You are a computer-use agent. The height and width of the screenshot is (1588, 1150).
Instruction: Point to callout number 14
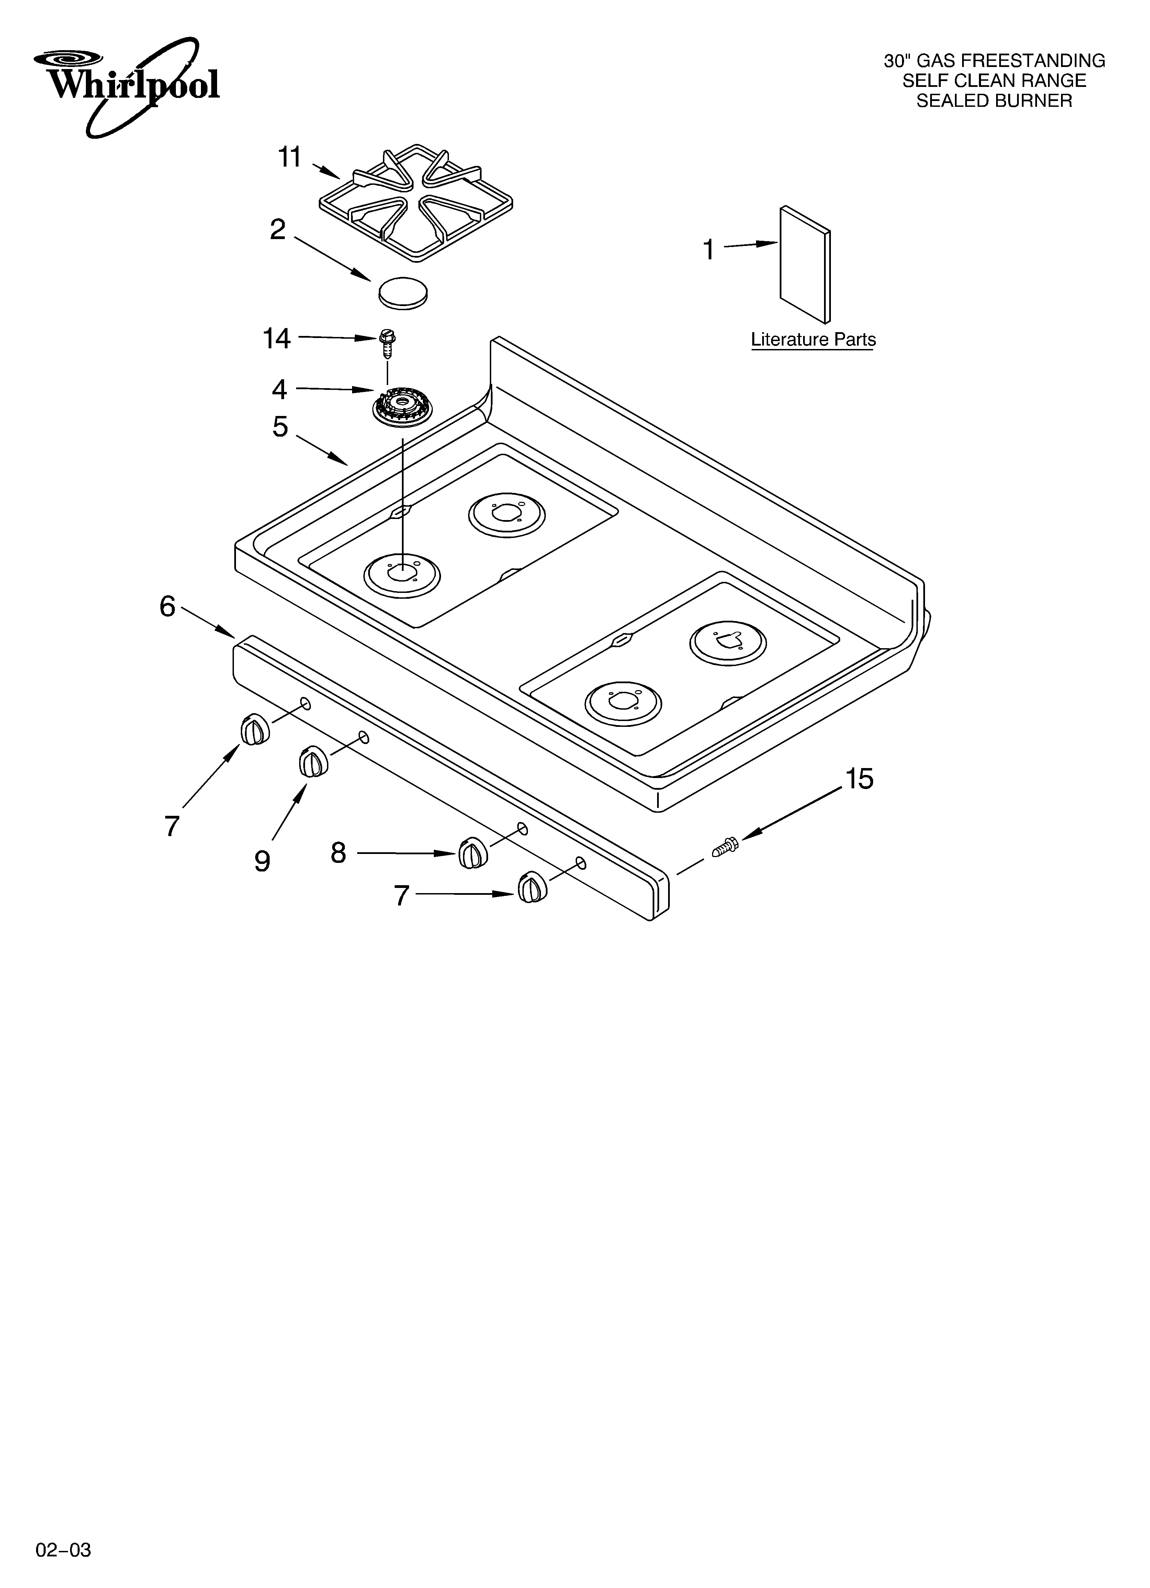[277, 339]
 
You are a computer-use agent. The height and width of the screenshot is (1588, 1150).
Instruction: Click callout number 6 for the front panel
[167, 606]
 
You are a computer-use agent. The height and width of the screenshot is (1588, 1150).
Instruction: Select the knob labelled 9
[312, 762]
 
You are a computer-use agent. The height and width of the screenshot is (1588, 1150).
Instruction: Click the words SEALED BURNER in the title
[994, 101]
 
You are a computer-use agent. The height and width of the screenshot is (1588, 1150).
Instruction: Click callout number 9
[262, 860]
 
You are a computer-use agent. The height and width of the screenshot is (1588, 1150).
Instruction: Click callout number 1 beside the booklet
[709, 249]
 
